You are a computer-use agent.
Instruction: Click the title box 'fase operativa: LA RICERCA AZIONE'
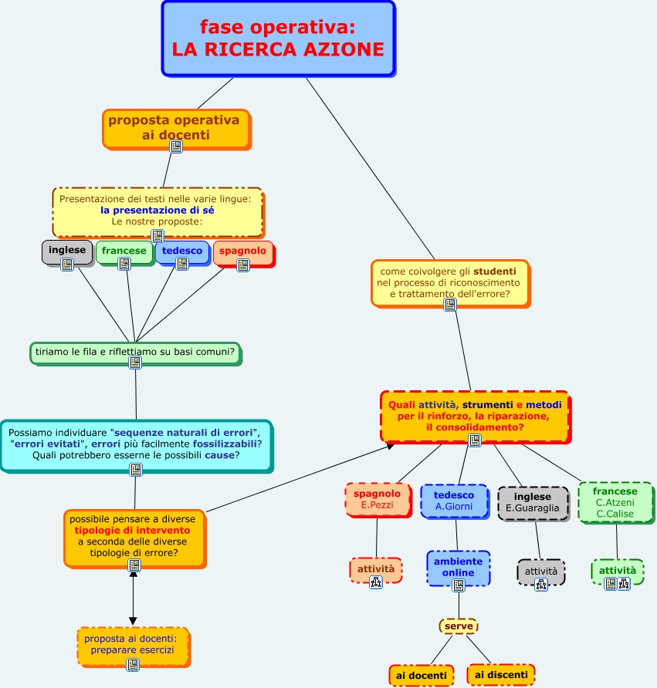point(278,39)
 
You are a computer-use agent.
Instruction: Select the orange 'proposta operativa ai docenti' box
point(175,127)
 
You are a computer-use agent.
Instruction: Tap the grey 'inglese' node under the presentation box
point(67,251)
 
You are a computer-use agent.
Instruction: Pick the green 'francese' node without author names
point(124,251)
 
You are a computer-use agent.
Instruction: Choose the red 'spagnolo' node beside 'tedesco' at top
point(242,251)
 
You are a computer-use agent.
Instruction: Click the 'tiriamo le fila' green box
point(135,352)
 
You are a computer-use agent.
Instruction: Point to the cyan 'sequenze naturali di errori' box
point(135,443)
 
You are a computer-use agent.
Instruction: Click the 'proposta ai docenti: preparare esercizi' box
point(132,645)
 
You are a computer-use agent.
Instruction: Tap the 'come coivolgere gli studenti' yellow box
point(449,282)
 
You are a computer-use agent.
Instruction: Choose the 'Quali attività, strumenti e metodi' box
point(475,415)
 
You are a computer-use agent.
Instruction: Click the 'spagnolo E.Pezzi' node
point(377,500)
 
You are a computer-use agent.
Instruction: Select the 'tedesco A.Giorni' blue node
point(454,501)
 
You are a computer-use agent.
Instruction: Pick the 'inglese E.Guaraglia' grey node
point(533,502)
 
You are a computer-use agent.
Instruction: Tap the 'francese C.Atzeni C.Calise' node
point(615,502)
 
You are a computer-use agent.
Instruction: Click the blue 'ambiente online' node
point(458,568)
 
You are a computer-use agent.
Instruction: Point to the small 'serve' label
point(459,626)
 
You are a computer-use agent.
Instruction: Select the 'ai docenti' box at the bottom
point(421,676)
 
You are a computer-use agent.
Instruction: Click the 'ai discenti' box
point(501,675)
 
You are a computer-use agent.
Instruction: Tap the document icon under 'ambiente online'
point(459,585)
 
